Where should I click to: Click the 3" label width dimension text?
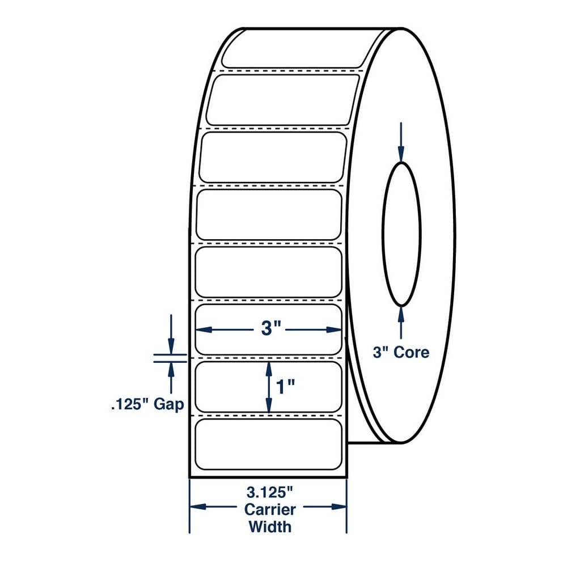[271, 329]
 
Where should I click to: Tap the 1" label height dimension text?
[285, 387]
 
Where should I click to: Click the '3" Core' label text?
[401, 352]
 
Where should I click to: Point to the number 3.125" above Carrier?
[269, 492]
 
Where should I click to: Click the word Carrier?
[270, 510]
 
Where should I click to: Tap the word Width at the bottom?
[270, 527]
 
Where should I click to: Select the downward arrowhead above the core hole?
[401, 154]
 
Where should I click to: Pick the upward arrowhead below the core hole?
[401, 314]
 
